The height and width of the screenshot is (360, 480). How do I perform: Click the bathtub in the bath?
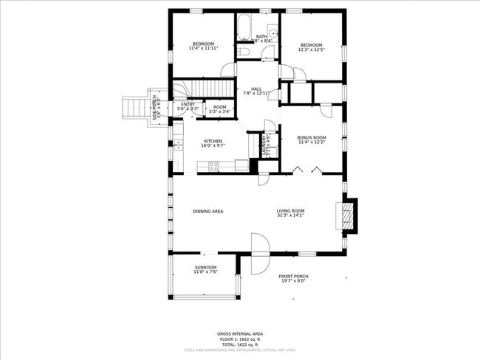click(x=244, y=28)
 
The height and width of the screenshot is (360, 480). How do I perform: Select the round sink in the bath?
click(x=272, y=32)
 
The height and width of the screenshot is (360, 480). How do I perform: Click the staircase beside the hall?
click(x=204, y=89)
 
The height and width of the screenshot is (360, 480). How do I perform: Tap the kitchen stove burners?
click(x=213, y=167)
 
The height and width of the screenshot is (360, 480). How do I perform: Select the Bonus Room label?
click(x=312, y=137)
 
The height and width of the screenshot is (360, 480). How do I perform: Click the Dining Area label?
click(x=208, y=212)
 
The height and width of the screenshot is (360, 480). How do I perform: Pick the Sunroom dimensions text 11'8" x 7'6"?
click(x=205, y=271)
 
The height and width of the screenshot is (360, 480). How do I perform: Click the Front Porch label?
click(x=292, y=276)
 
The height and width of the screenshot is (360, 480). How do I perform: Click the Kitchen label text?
click(x=213, y=141)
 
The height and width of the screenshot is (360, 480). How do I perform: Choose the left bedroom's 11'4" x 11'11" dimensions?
click(x=203, y=49)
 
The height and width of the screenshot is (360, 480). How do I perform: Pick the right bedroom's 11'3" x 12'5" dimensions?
click(x=310, y=49)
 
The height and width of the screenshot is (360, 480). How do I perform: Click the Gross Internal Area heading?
click(x=240, y=333)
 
